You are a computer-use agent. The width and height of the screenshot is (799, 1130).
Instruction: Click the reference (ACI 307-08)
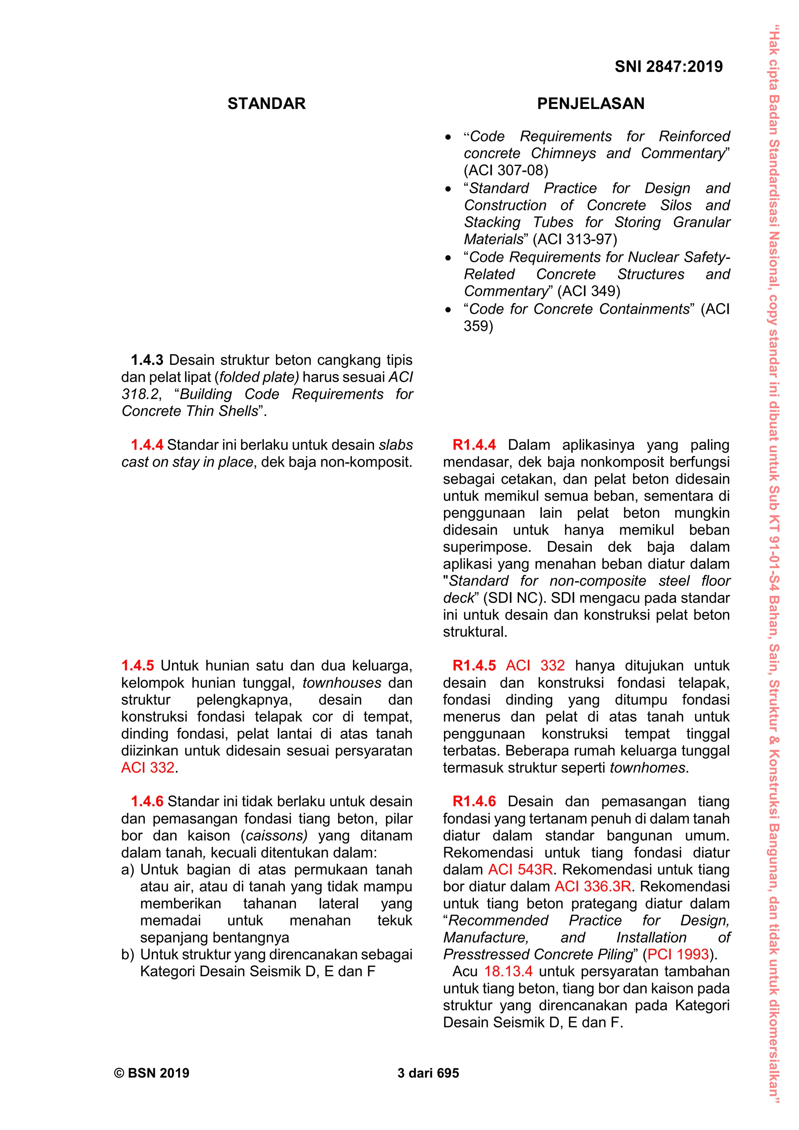point(505,170)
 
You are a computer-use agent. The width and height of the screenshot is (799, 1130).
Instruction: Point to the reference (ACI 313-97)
point(574,239)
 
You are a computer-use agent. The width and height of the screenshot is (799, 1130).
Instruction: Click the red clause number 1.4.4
point(147,445)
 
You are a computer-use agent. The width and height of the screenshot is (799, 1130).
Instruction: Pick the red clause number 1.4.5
point(137,666)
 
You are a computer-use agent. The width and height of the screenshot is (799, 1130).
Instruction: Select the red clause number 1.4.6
point(147,801)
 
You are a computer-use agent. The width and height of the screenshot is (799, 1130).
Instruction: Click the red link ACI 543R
point(520,870)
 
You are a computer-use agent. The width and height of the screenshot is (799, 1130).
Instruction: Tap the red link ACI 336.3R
point(593,887)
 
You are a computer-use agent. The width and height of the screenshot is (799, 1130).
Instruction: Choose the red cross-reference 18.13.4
point(508,972)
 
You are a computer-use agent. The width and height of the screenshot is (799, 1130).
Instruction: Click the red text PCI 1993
point(678,954)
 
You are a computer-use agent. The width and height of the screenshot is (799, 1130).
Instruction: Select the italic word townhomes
point(648,768)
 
